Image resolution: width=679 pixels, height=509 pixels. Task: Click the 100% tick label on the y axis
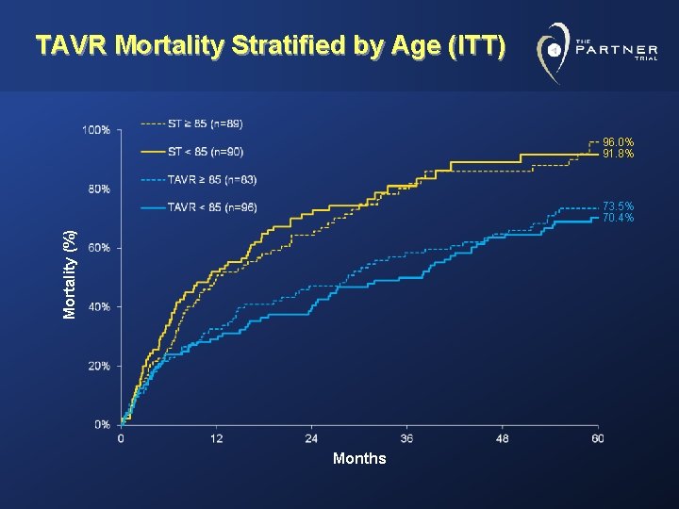[x=95, y=129]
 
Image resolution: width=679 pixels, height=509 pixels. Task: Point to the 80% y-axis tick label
[x=97, y=189]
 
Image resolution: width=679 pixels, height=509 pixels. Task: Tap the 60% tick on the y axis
[x=97, y=248]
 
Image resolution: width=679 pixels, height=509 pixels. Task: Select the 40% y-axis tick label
[x=97, y=306]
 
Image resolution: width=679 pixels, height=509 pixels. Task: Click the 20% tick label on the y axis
[x=97, y=366]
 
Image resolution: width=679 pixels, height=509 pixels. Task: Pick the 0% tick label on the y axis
[x=101, y=424]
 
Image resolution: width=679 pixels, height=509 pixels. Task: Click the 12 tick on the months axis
[x=216, y=439]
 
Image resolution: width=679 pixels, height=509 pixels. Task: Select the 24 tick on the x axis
[x=311, y=439]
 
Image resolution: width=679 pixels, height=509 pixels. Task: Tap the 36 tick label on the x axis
[x=406, y=439]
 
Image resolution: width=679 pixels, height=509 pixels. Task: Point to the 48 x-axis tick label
[x=502, y=439]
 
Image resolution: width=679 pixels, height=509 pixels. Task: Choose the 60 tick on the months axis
[x=597, y=439]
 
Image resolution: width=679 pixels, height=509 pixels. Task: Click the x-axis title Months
[x=359, y=459]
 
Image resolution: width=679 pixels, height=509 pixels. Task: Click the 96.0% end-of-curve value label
[x=619, y=142]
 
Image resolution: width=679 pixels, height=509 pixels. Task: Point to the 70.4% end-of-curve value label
[x=619, y=218]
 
